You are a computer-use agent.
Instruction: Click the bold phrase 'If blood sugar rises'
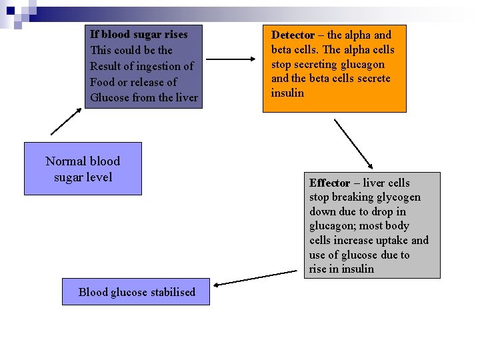pos(139,34)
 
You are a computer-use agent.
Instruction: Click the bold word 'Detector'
pos(293,35)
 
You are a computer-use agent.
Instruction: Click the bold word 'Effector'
pos(329,183)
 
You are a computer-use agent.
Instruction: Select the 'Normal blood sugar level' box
pos(83,169)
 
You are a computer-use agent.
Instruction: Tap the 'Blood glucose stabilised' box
pos(136,292)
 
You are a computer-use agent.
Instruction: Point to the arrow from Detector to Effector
pos(353,143)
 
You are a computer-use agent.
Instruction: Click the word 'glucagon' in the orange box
pos(363,64)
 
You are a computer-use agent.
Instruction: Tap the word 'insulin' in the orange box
pos(287,93)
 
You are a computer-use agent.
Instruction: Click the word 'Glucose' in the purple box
pos(109,98)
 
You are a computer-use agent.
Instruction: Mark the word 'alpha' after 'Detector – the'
pos(358,35)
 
